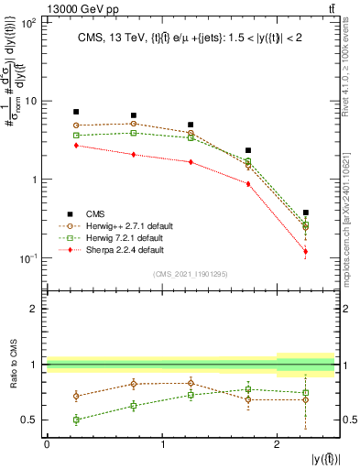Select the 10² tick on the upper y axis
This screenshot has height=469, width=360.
click(x=27, y=22)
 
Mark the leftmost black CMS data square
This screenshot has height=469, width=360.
click(x=76, y=112)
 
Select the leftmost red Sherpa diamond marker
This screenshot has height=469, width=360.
click(x=76, y=145)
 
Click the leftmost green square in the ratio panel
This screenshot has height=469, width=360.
click(x=76, y=420)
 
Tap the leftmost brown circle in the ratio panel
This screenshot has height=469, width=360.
click(x=76, y=397)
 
